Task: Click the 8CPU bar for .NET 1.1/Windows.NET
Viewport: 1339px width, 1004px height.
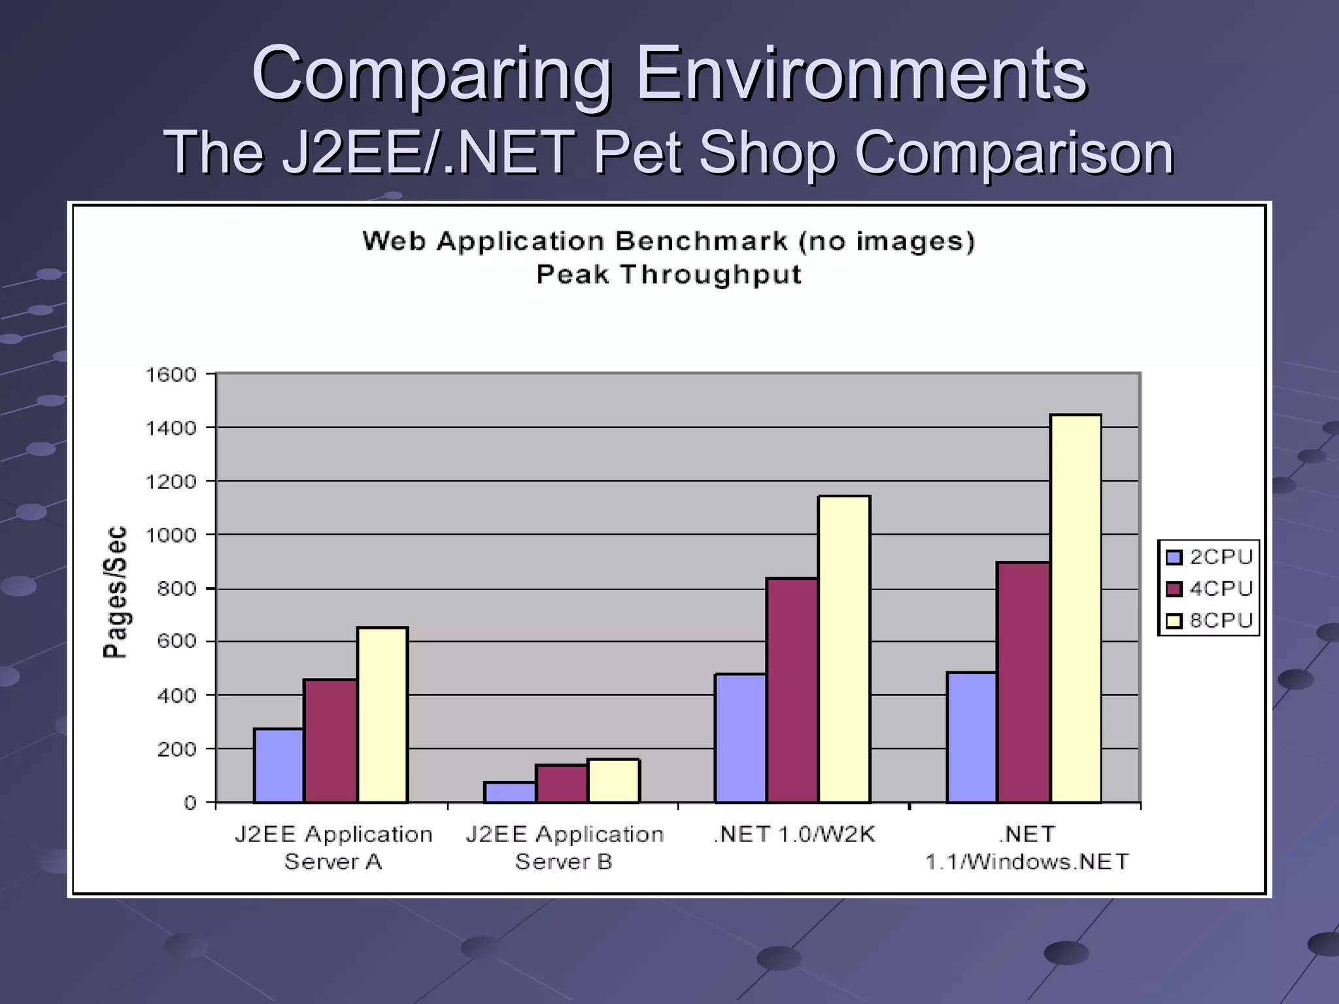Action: (1076, 608)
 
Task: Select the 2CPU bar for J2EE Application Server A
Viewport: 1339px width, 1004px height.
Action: (279, 765)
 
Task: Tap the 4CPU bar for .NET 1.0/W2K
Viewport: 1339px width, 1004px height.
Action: (792, 690)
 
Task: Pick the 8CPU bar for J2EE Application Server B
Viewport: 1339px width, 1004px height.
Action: (613, 780)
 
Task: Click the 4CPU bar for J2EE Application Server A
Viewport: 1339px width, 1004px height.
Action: (330, 741)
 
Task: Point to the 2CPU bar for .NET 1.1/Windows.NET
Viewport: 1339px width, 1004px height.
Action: (972, 737)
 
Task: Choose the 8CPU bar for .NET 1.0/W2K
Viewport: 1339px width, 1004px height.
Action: (844, 648)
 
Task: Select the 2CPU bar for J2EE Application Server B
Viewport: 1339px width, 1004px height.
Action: (510, 792)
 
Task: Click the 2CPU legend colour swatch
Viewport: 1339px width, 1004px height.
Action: (1174, 558)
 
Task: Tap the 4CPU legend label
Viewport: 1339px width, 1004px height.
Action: (1221, 589)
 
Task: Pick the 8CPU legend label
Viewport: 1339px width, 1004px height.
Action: (1221, 620)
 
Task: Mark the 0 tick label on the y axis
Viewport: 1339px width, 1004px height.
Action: (190, 803)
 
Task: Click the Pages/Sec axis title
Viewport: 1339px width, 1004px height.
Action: (115, 592)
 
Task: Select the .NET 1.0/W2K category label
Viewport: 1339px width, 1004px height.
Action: (794, 835)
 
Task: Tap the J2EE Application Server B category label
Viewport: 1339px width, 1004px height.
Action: (564, 848)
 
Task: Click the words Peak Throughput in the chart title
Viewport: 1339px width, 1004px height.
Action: (669, 275)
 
